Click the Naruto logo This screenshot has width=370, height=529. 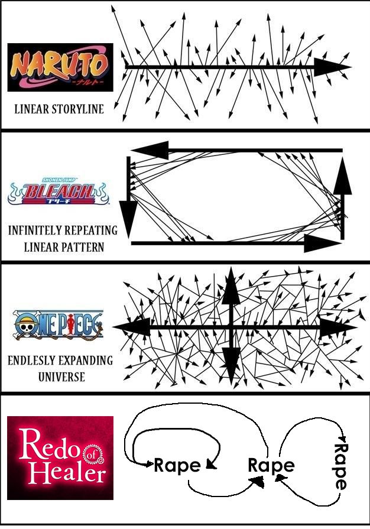[60, 67]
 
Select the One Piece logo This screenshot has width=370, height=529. [58, 324]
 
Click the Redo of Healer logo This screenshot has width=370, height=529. [60, 457]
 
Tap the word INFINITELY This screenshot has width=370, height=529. [34, 231]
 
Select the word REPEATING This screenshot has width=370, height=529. [91, 231]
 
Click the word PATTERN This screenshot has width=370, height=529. [83, 247]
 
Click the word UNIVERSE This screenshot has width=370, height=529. [61, 377]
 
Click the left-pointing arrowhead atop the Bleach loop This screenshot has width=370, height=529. [150, 150]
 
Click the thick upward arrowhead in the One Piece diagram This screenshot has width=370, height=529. [231, 285]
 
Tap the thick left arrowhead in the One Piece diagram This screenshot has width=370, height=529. [132, 327]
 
